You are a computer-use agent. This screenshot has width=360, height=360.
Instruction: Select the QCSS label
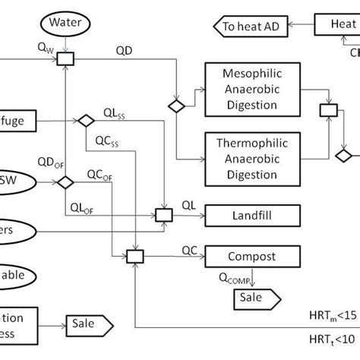[x=107, y=141]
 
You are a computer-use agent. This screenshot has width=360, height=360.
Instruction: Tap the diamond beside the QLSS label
[x=85, y=120]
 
